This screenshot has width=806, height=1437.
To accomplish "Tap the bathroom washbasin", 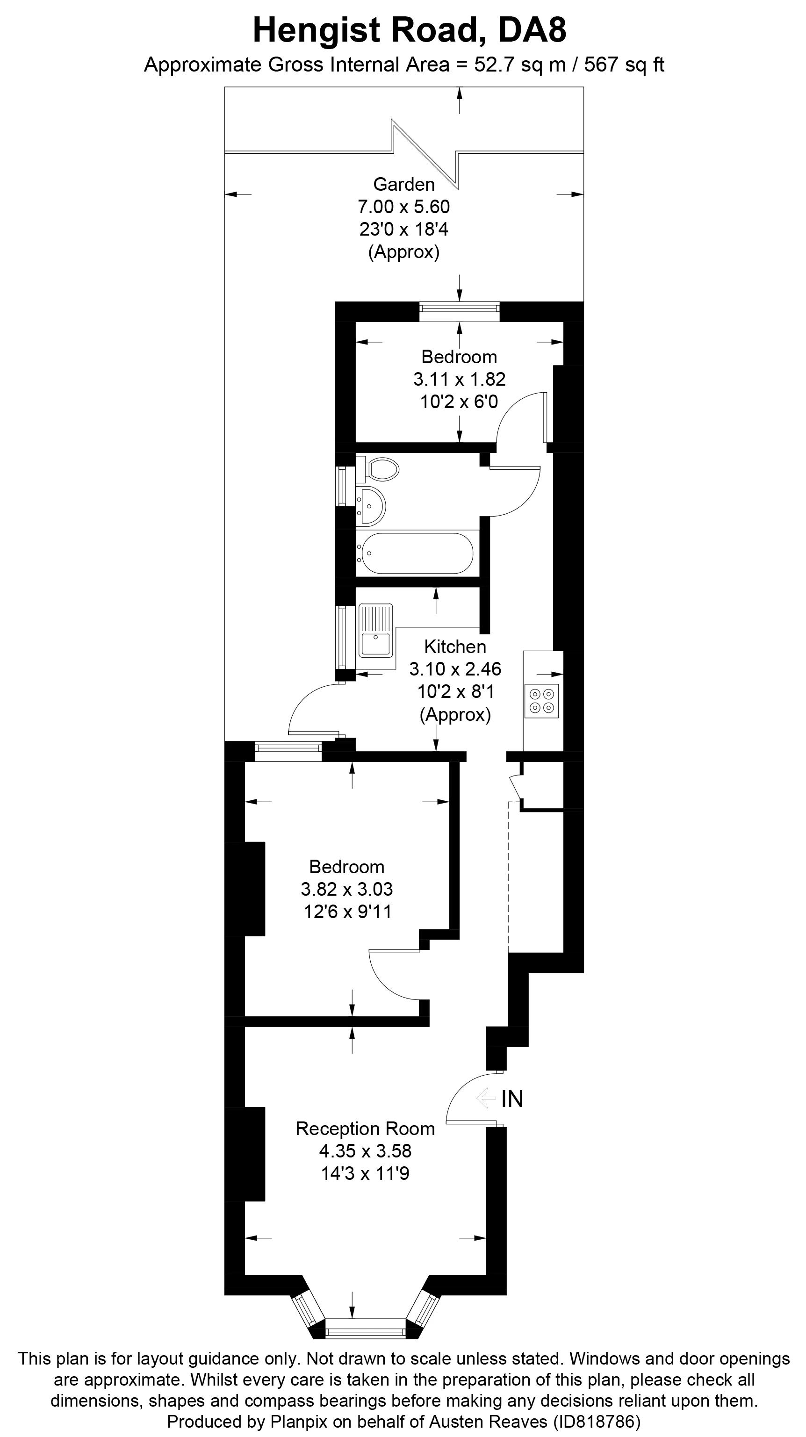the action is click(x=370, y=505).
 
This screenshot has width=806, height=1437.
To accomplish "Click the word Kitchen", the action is click(x=455, y=647).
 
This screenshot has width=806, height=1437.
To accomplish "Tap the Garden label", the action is click(x=404, y=184).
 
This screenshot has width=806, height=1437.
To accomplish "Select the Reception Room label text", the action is click(x=365, y=1128).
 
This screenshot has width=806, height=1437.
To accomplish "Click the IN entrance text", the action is click(x=512, y=1099).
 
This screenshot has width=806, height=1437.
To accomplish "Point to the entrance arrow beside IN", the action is click(x=486, y=1099).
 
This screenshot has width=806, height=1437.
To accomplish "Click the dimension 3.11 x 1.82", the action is click(x=459, y=379).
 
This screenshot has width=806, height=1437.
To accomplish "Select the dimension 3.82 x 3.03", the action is click(x=347, y=889).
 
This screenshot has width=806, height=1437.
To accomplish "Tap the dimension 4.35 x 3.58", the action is click(x=365, y=1151).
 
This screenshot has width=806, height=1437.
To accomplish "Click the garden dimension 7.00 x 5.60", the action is click(x=404, y=207).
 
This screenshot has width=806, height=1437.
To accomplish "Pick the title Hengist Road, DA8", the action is click(x=410, y=30).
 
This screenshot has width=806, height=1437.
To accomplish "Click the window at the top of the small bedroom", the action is click(x=459, y=311).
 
